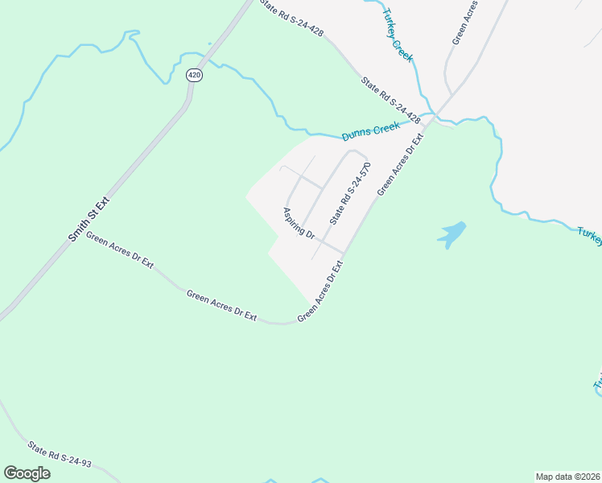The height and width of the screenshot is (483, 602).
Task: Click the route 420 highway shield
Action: (x=194, y=75)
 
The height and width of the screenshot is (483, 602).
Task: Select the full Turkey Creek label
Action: (x=398, y=35)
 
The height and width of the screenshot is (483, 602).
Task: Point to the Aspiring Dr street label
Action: (x=299, y=221)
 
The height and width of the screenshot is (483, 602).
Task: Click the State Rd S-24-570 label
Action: (x=351, y=195)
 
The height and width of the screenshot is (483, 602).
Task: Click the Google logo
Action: (x=27, y=473)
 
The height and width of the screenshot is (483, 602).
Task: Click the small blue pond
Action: (x=452, y=233)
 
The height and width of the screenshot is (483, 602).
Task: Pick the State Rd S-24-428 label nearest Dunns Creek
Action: (x=391, y=100)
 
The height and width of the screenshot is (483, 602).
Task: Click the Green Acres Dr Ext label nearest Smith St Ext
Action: (x=119, y=251)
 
